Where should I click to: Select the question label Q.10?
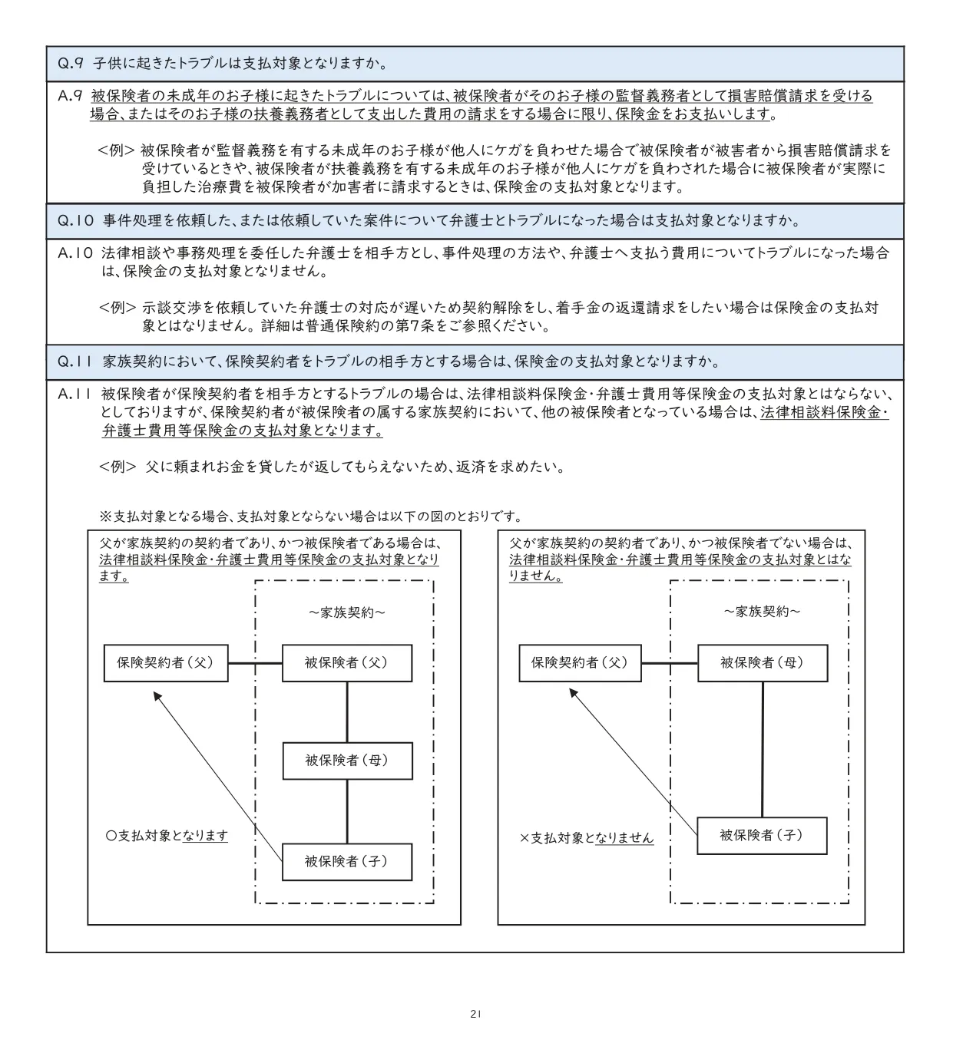(75, 221)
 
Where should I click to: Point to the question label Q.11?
(75, 361)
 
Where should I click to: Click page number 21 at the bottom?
(475, 1014)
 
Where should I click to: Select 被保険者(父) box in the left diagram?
(346, 662)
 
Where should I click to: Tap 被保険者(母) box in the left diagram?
(346, 761)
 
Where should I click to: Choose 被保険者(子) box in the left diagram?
(346, 861)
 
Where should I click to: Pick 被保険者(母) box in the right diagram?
(762, 662)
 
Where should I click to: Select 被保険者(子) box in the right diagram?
(762, 835)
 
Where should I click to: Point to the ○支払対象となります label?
(167, 835)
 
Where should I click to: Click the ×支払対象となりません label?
(587, 838)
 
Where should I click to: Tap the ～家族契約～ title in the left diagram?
(347, 612)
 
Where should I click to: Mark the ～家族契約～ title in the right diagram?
(762, 612)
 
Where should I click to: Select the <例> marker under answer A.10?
(117, 308)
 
